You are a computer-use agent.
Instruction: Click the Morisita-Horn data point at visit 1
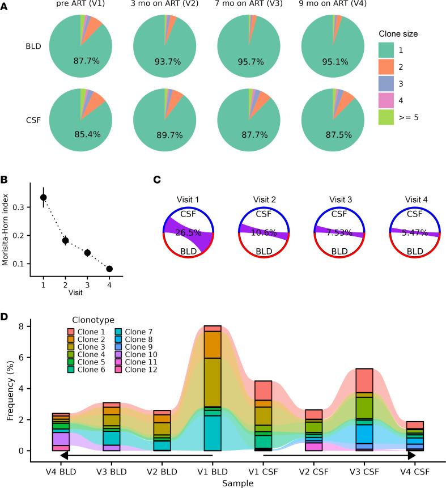click(43, 197)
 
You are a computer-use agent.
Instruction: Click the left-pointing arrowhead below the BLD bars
click(64, 455)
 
